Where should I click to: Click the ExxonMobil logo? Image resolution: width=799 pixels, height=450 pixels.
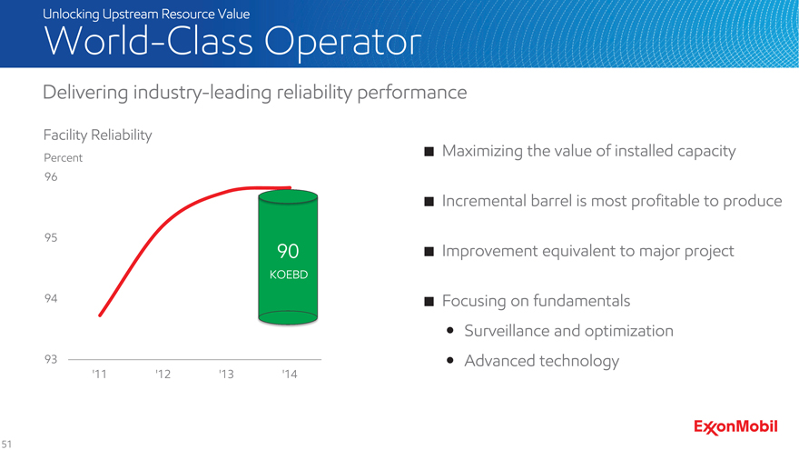[736, 426]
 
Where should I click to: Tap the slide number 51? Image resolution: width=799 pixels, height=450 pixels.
[7, 443]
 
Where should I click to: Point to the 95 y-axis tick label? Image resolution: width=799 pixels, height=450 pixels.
[51, 237]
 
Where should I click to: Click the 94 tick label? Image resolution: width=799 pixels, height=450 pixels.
[51, 298]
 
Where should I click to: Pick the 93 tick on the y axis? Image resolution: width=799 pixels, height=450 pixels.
[51, 359]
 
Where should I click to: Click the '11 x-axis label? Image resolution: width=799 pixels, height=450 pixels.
[100, 374]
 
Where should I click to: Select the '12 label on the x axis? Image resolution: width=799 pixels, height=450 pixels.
[163, 374]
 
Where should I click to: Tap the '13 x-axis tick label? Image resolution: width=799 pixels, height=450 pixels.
[226, 374]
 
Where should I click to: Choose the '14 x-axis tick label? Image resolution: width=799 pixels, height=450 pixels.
[289, 374]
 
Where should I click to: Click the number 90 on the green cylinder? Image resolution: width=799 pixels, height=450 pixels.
[289, 251]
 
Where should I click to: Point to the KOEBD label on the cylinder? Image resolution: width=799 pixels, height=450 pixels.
[289, 274]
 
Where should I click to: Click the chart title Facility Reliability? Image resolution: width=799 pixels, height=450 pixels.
[97, 135]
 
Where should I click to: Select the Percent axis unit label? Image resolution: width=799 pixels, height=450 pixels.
[64, 157]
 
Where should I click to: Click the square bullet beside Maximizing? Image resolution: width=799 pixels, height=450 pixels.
[428, 151]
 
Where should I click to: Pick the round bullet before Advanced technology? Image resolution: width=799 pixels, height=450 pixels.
[451, 362]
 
